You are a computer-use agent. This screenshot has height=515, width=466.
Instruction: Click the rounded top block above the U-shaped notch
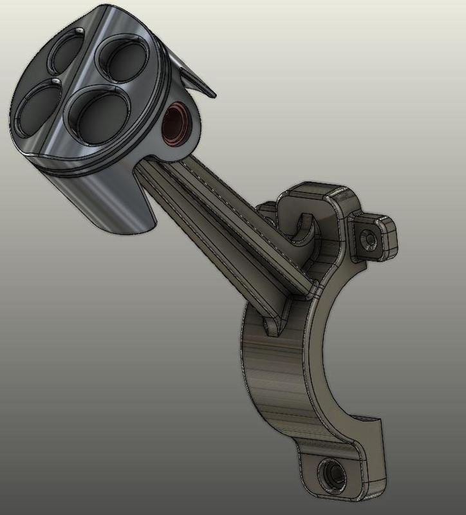click(315, 196)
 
